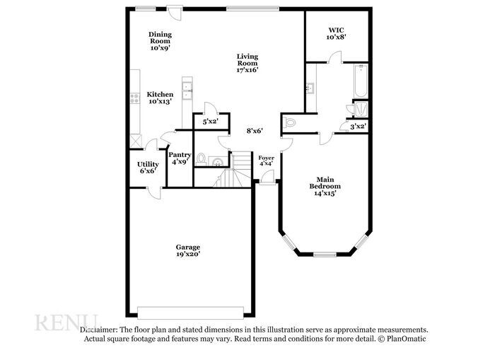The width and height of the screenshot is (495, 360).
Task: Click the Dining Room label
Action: [x=160, y=34]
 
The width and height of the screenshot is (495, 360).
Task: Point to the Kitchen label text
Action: [x=160, y=94]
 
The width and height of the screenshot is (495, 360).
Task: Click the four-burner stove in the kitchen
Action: [x=134, y=98]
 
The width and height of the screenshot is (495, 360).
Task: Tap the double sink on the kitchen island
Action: [x=188, y=88]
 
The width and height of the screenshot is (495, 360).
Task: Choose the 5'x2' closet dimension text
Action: [x=210, y=122]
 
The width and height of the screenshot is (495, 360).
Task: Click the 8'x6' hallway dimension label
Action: [x=255, y=130]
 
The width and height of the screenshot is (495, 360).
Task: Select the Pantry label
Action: [x=180, y=154]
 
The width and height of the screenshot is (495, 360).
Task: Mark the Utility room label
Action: [x=148, y=164]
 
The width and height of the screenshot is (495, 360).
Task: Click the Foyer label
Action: [x=266, y=158]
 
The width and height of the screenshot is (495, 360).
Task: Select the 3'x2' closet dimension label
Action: [x=358, y=127]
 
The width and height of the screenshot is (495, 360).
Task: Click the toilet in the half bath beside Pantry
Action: [x=201, y=158]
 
